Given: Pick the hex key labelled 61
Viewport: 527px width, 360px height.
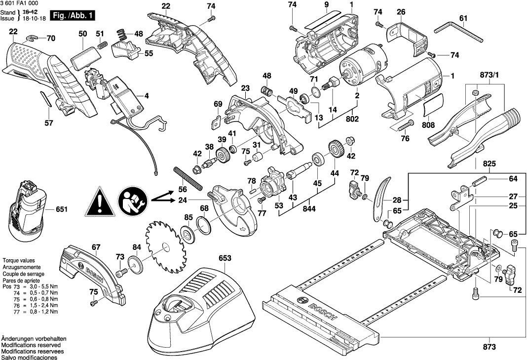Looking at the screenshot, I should tap(459, 32).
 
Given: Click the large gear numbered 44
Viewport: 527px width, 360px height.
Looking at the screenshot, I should tap(336, 149).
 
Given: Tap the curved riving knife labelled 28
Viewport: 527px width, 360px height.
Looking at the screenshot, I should tap(378, 199).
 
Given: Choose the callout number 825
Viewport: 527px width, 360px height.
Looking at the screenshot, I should tap(489, 163).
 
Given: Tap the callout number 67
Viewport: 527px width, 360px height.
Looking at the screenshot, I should tap(96, 247).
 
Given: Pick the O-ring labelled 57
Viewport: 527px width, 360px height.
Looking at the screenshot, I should tap(46, 100).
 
